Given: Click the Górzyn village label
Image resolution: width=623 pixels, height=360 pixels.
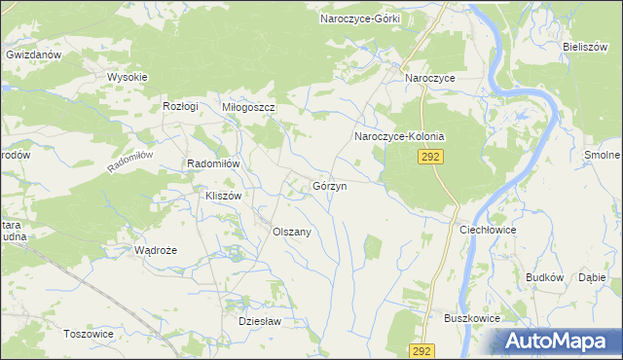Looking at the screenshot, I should point(330,186).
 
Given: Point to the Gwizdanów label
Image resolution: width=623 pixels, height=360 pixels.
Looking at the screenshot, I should point(33,55).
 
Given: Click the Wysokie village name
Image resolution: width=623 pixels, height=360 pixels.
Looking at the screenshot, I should point(127,77).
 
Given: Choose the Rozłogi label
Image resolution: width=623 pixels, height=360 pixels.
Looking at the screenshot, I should point(181,106).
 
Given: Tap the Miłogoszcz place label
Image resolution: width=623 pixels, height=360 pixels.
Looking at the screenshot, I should point(250,107).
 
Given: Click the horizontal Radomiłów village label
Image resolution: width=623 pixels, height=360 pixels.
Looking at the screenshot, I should point(213,164).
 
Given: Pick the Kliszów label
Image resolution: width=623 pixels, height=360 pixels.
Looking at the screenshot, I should point(223,196).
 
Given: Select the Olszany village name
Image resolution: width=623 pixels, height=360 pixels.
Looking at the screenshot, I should point(291,233).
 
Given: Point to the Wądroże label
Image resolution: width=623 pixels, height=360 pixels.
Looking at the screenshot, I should point(155,250).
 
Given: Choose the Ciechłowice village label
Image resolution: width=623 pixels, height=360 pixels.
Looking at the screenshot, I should point(488,230).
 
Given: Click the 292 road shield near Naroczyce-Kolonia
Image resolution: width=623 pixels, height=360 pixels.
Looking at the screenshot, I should point(432,157).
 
